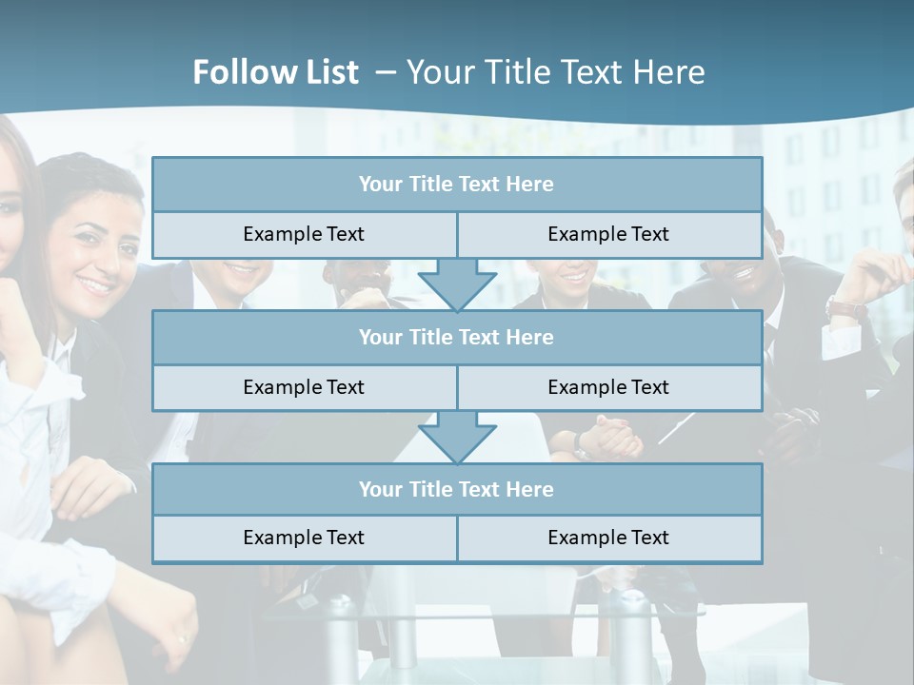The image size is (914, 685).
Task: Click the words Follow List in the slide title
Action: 275,72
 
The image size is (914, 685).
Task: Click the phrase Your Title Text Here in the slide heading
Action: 556,72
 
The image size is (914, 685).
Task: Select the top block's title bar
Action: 457,185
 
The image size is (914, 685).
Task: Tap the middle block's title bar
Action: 457,338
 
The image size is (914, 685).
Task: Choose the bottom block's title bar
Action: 457,490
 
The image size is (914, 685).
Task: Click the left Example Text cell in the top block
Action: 304,235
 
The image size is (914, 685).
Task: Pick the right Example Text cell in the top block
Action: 609,235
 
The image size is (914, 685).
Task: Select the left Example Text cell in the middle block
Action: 304,388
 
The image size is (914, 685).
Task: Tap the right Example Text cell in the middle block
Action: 609,388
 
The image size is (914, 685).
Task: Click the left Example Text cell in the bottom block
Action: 304,538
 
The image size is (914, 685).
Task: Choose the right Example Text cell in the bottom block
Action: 609,538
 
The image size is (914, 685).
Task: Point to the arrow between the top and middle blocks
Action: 457,284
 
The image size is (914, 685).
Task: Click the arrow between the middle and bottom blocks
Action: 457,437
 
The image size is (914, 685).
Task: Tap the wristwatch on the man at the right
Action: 845,308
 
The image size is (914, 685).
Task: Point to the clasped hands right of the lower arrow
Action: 606,438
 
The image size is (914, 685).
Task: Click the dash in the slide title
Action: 386,72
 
